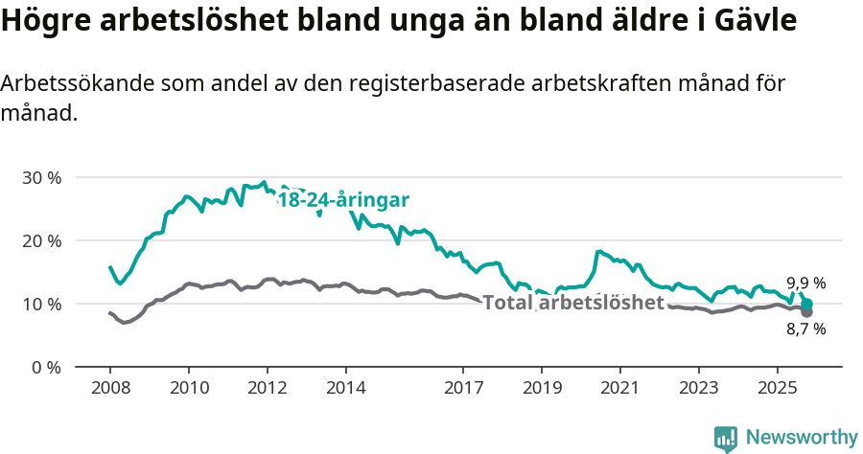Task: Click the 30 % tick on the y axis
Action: (x=41, y=177)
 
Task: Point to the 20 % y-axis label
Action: (x=41, y=240)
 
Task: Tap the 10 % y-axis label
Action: (x=41, y=304)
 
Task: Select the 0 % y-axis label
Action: (x=46, y=367)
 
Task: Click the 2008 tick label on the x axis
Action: (x=109, y=389)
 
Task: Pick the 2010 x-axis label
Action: (x=188, y=389)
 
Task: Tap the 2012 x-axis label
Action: (x=267, y=389)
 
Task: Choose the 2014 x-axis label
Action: (x=345, y=389)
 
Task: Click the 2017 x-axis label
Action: (x=463, y=389)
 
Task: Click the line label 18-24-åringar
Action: (x=343, y=200)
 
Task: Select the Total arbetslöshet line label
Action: (x=573, y=304)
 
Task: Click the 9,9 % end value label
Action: (x=806, y=284)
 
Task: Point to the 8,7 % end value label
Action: (x=806, y=329)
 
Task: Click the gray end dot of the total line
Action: (x=807, y=312)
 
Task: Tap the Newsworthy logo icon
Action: (x=726, y=438)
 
